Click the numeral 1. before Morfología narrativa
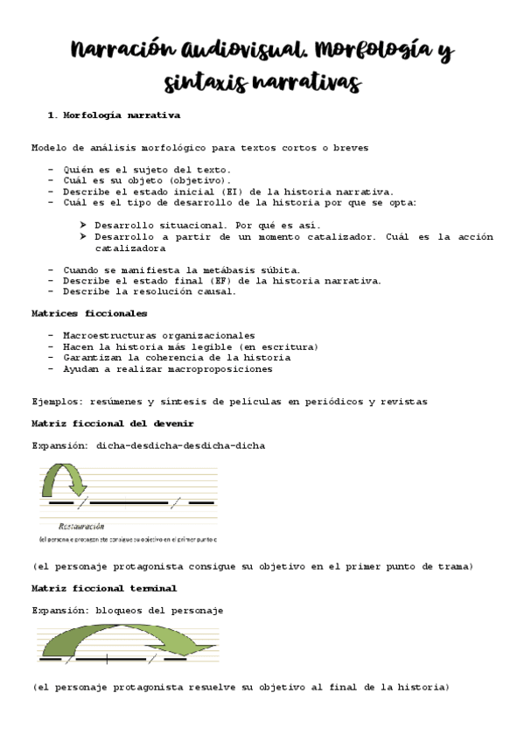[x=52, y=115]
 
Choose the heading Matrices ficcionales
[x=77, y=313]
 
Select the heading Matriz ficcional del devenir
[x=113, y=423]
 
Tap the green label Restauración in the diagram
[x=81, y=526]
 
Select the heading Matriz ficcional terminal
[x=104, y=588]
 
